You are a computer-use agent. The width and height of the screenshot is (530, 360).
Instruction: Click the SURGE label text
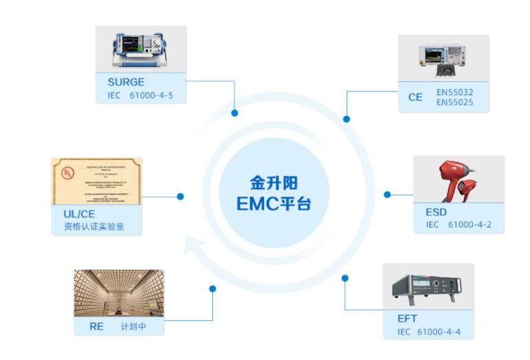click(x=121, y=82)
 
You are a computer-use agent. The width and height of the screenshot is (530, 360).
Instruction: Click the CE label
click(x=415, y=97)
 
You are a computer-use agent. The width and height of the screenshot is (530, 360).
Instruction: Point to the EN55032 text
click(x=454, y=91)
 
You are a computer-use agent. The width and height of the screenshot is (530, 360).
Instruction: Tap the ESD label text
click(x=436, y=212)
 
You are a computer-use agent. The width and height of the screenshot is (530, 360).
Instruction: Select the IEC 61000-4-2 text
click(x=458, y=224)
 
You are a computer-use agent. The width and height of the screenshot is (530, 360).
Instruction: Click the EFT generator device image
click(x=428, y=287)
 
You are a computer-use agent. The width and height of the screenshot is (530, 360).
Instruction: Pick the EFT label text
click(x=407, y=319)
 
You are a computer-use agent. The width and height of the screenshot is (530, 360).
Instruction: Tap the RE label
click(x=96, y=326)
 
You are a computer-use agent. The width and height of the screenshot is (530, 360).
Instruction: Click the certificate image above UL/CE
click(x=96, y=181)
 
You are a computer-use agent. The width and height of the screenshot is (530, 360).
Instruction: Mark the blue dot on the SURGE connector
click(x=234, y=112)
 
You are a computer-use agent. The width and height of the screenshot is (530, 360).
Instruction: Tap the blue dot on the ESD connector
click(x=387, y=194)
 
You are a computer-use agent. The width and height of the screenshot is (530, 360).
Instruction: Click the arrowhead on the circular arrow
click(x=194, y=243)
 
